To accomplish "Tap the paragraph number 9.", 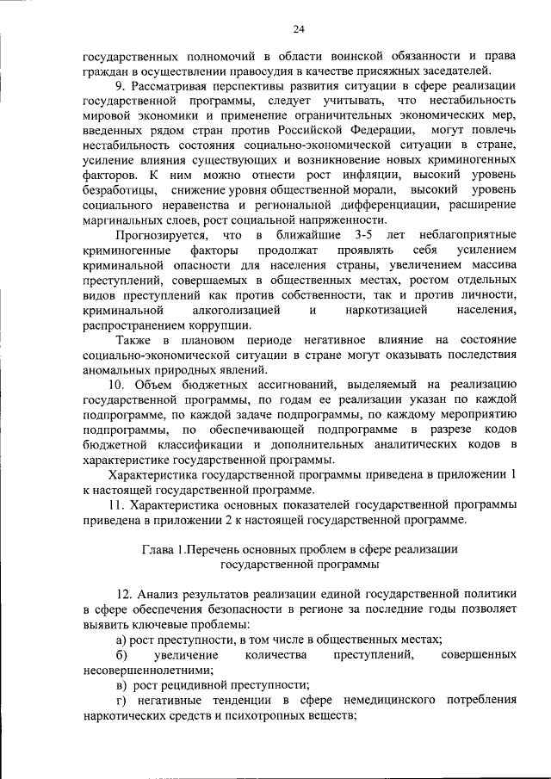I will coord(121,86).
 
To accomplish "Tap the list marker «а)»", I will coord(121,640).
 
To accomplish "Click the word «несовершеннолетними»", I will coord(148,670).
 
